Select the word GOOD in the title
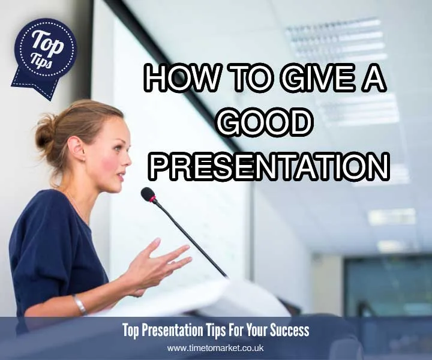click(x=265, y=122)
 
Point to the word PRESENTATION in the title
click(x=268, y=166)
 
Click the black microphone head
click(x=148, y=194)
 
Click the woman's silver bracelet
click(x=79, y=304)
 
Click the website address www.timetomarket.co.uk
click(x=215, y=348)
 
